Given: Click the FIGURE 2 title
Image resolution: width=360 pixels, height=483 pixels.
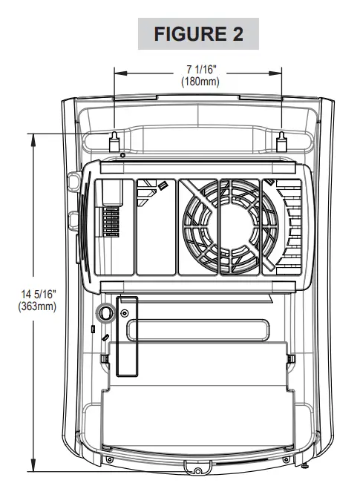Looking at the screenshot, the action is coord(198,33).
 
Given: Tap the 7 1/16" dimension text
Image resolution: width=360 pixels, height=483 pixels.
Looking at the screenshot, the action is coord(200,70).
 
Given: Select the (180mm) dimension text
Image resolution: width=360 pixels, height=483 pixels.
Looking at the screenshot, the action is coord(200,82).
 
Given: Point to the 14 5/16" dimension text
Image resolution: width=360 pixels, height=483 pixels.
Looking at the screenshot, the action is coord(39,294).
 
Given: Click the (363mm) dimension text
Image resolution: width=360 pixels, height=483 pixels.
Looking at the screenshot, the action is coord(37,307).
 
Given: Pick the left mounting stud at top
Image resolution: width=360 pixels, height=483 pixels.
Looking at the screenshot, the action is coord(114,142).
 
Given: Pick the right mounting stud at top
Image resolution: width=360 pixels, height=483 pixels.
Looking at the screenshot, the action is coord(281,142).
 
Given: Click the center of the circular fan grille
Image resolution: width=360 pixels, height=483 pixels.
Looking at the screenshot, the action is coord(231,226).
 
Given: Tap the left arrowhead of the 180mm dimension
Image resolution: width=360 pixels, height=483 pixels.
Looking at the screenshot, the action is coord(120,73).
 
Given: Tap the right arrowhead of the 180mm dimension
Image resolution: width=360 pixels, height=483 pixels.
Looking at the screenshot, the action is coord(275,73).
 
